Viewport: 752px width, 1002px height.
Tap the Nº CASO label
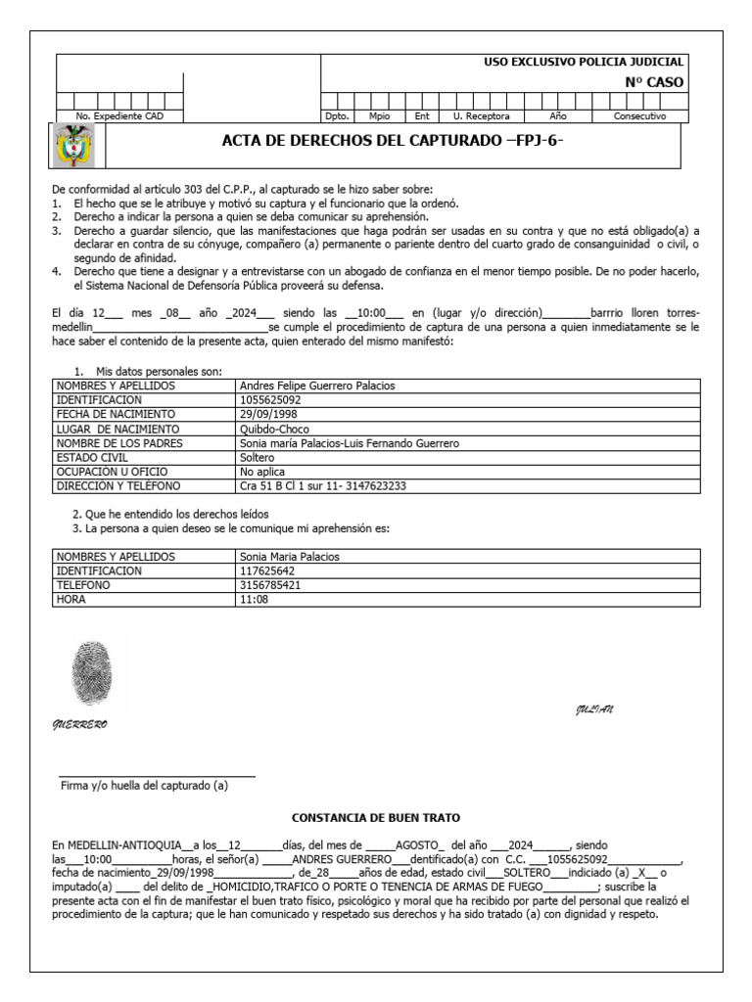tap(654, 82)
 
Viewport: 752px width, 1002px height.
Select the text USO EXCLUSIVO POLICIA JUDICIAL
tap(584, 62)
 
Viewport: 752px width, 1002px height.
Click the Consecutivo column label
tap(639, 115)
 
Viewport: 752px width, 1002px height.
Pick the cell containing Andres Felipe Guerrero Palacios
tap(317, 386)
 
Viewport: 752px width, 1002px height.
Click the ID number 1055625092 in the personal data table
tap(270, 400)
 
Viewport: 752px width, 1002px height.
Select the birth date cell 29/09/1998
tap(268, 414)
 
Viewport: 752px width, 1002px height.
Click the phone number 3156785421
tap(270, 585)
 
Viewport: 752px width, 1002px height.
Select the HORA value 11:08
tap(253, 599)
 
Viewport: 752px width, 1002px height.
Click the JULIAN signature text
tap(594, 709)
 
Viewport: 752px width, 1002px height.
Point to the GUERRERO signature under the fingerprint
tap(79, 725)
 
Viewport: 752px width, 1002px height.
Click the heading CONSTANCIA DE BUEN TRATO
tap(376, 817)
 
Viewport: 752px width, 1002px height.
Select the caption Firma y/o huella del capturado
tap(144, 785)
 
